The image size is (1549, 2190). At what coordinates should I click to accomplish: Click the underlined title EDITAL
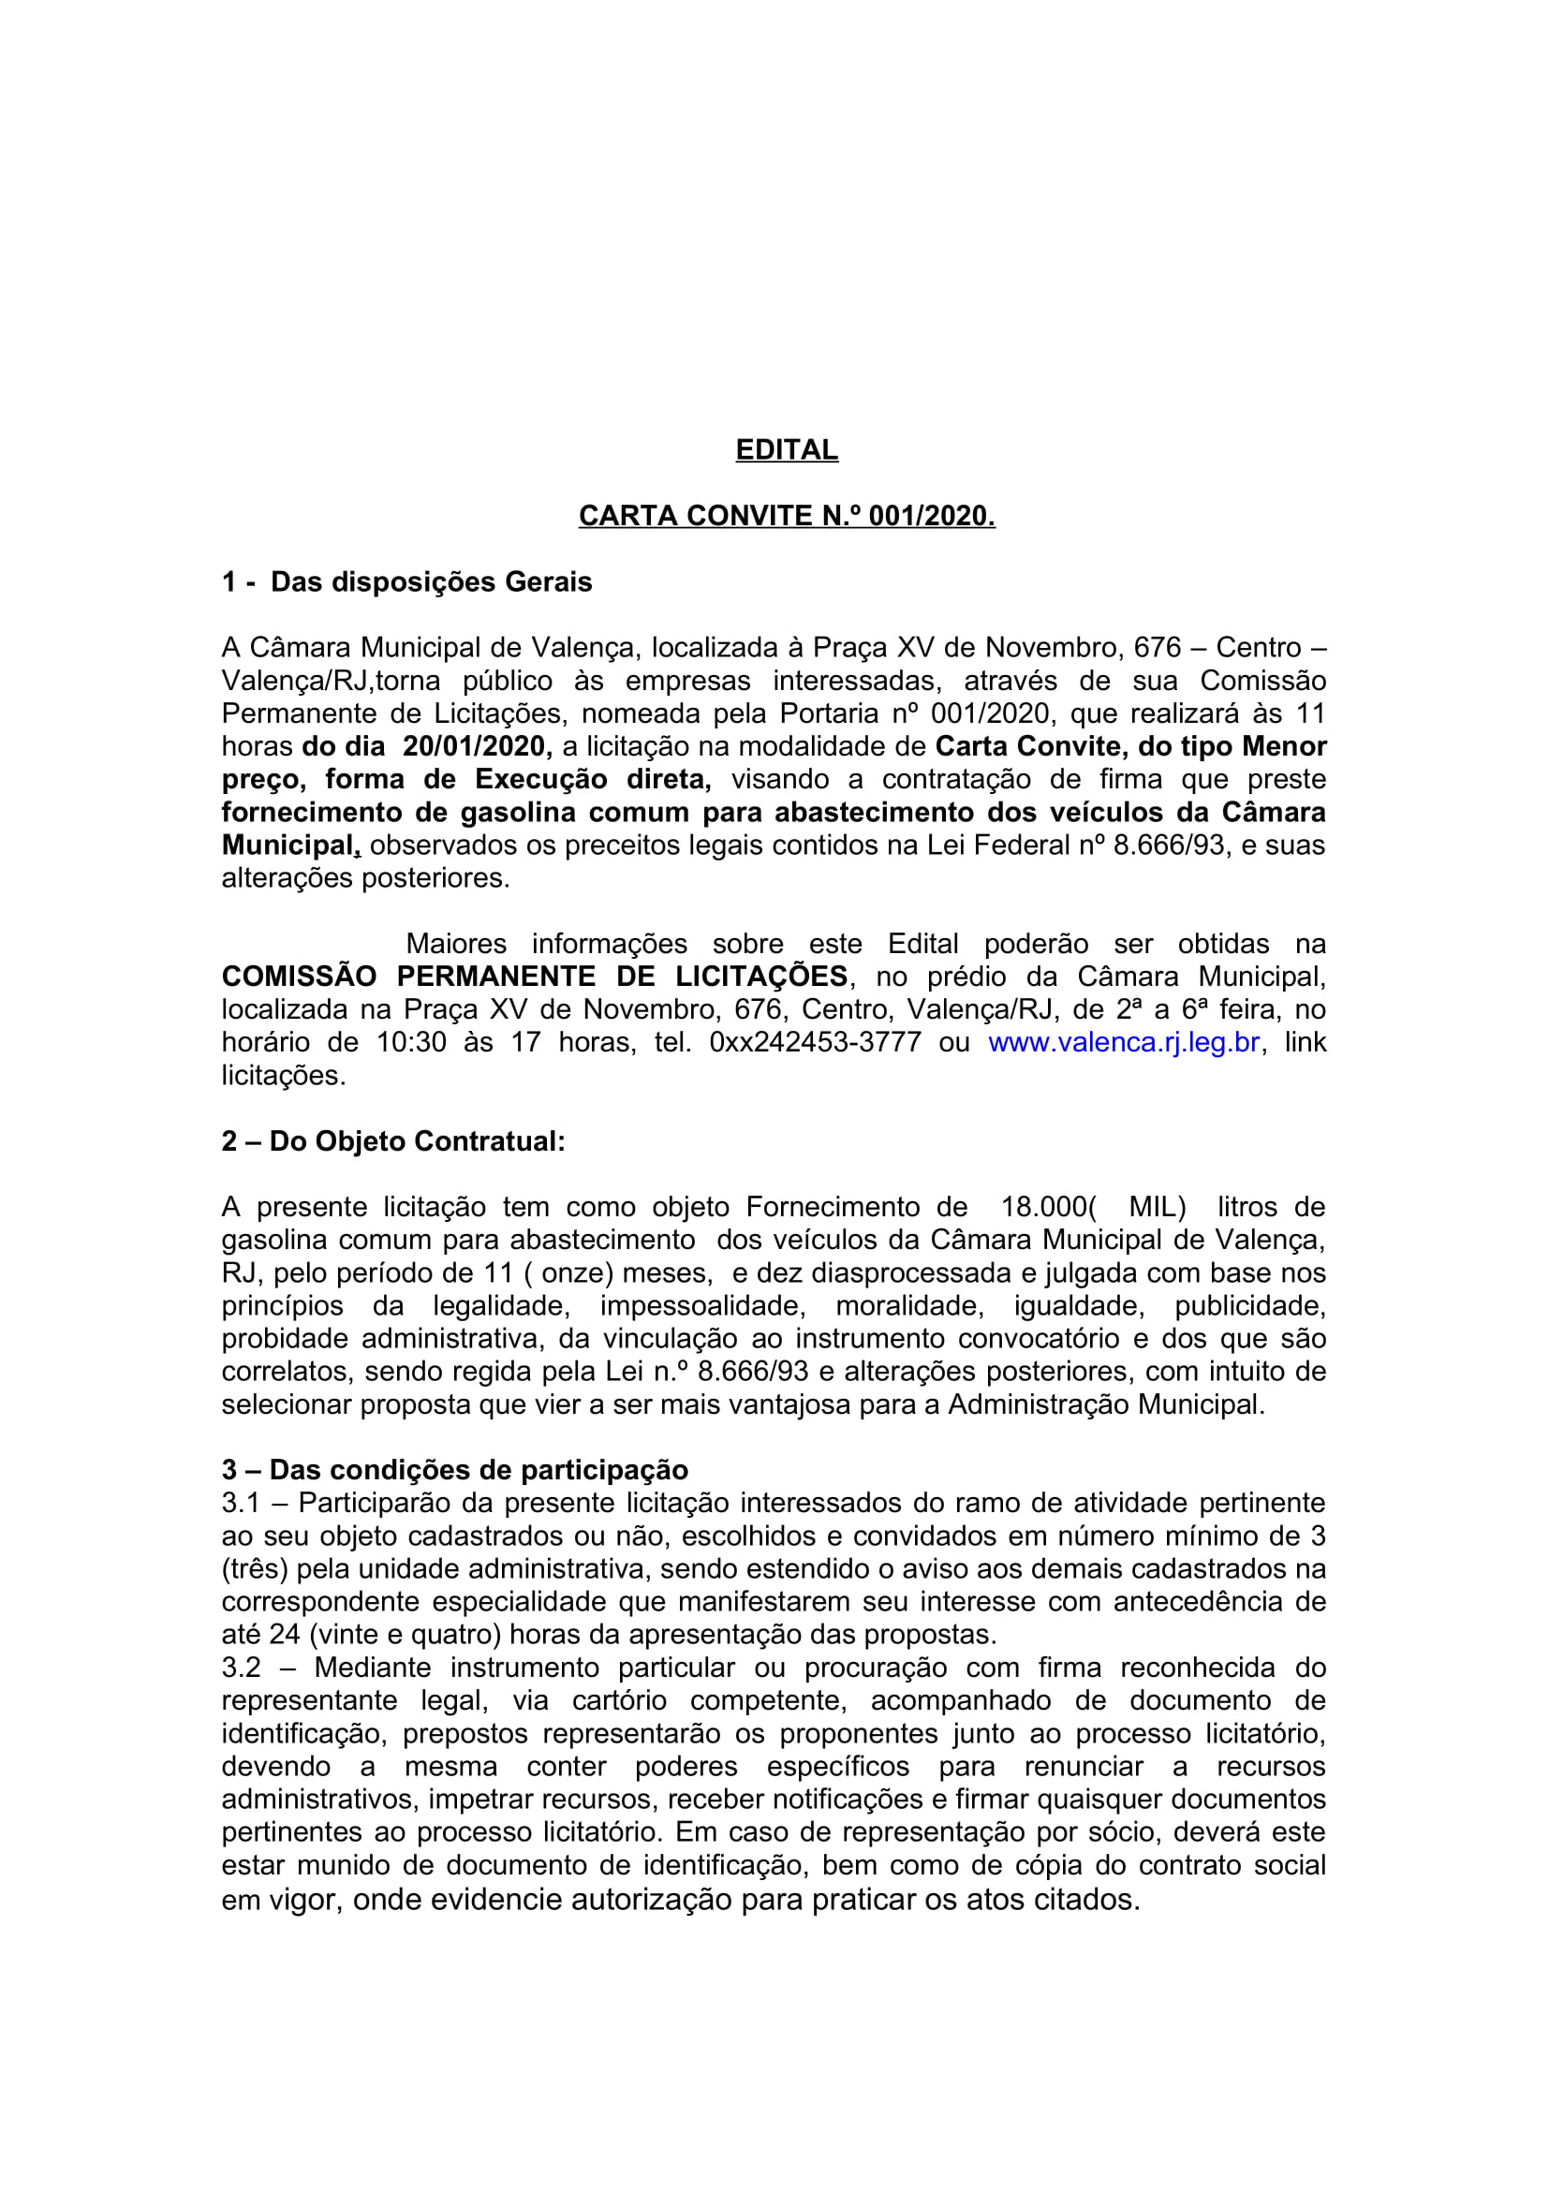[x=786, y=449]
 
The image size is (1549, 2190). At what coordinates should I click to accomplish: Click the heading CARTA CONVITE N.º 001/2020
[x=786, y=515]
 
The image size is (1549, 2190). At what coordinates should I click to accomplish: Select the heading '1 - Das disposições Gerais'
[x=406, y=581]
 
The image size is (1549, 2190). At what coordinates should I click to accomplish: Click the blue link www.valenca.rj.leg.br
[x=1124, y=1041]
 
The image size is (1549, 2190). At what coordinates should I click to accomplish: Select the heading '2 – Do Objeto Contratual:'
[x=393, y=1140]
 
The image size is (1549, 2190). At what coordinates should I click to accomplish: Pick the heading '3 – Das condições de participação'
[x=455, y=1470]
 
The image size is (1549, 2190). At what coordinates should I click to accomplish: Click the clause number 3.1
[x=241, y=1504]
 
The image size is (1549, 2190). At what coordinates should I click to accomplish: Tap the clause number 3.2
[x=241, y=1668]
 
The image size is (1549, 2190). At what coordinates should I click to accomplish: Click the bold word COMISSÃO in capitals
[x=300, y=976]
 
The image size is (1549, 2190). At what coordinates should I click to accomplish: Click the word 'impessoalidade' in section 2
[x=702, y=1306]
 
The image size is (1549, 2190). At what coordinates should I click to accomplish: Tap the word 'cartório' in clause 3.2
[x=619, y=1700]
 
